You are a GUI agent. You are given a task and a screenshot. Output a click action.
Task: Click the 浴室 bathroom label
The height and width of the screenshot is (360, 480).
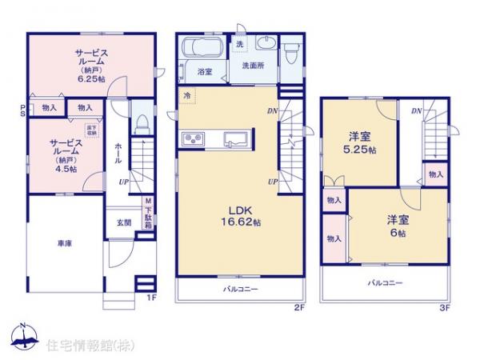tap(204, 72)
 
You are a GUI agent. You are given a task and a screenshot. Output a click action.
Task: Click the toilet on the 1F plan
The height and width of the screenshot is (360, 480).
tap(141, 123)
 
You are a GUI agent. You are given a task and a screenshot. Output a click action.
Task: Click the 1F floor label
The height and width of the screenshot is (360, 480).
tap(150, 298)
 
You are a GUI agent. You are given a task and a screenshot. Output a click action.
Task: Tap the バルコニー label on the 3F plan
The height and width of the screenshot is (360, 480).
tap(385, 283)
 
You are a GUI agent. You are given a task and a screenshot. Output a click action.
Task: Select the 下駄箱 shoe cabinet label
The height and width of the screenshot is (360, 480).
tap(149, 214)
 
